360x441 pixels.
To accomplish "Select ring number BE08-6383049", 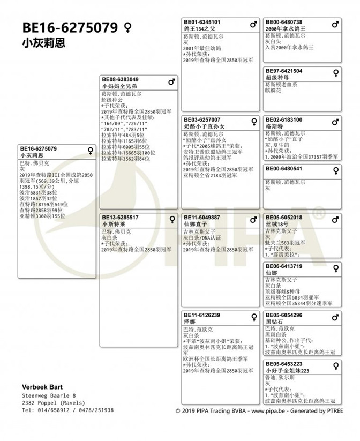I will click(120, 79).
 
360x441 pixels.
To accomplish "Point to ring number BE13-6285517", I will click(120, 218).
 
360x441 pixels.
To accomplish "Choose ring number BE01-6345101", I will click(201, 22).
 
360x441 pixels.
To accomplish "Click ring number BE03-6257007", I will click(201, 120).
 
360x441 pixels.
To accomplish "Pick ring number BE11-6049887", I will click(201, 218).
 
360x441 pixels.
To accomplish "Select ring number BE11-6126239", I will click(201, 315).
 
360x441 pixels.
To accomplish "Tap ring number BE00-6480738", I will click(284, 22).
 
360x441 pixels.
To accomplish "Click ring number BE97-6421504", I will click(284, 71).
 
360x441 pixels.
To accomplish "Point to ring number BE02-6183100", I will click(284, 120).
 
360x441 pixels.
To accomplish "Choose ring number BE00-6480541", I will click(284, 169).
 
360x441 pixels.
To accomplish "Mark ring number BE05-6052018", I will click(284, 218).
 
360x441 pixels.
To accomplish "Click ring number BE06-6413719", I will click(284, 266).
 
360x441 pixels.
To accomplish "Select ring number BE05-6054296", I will click(284, 315).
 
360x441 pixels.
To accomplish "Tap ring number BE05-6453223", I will click(284, 364).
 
